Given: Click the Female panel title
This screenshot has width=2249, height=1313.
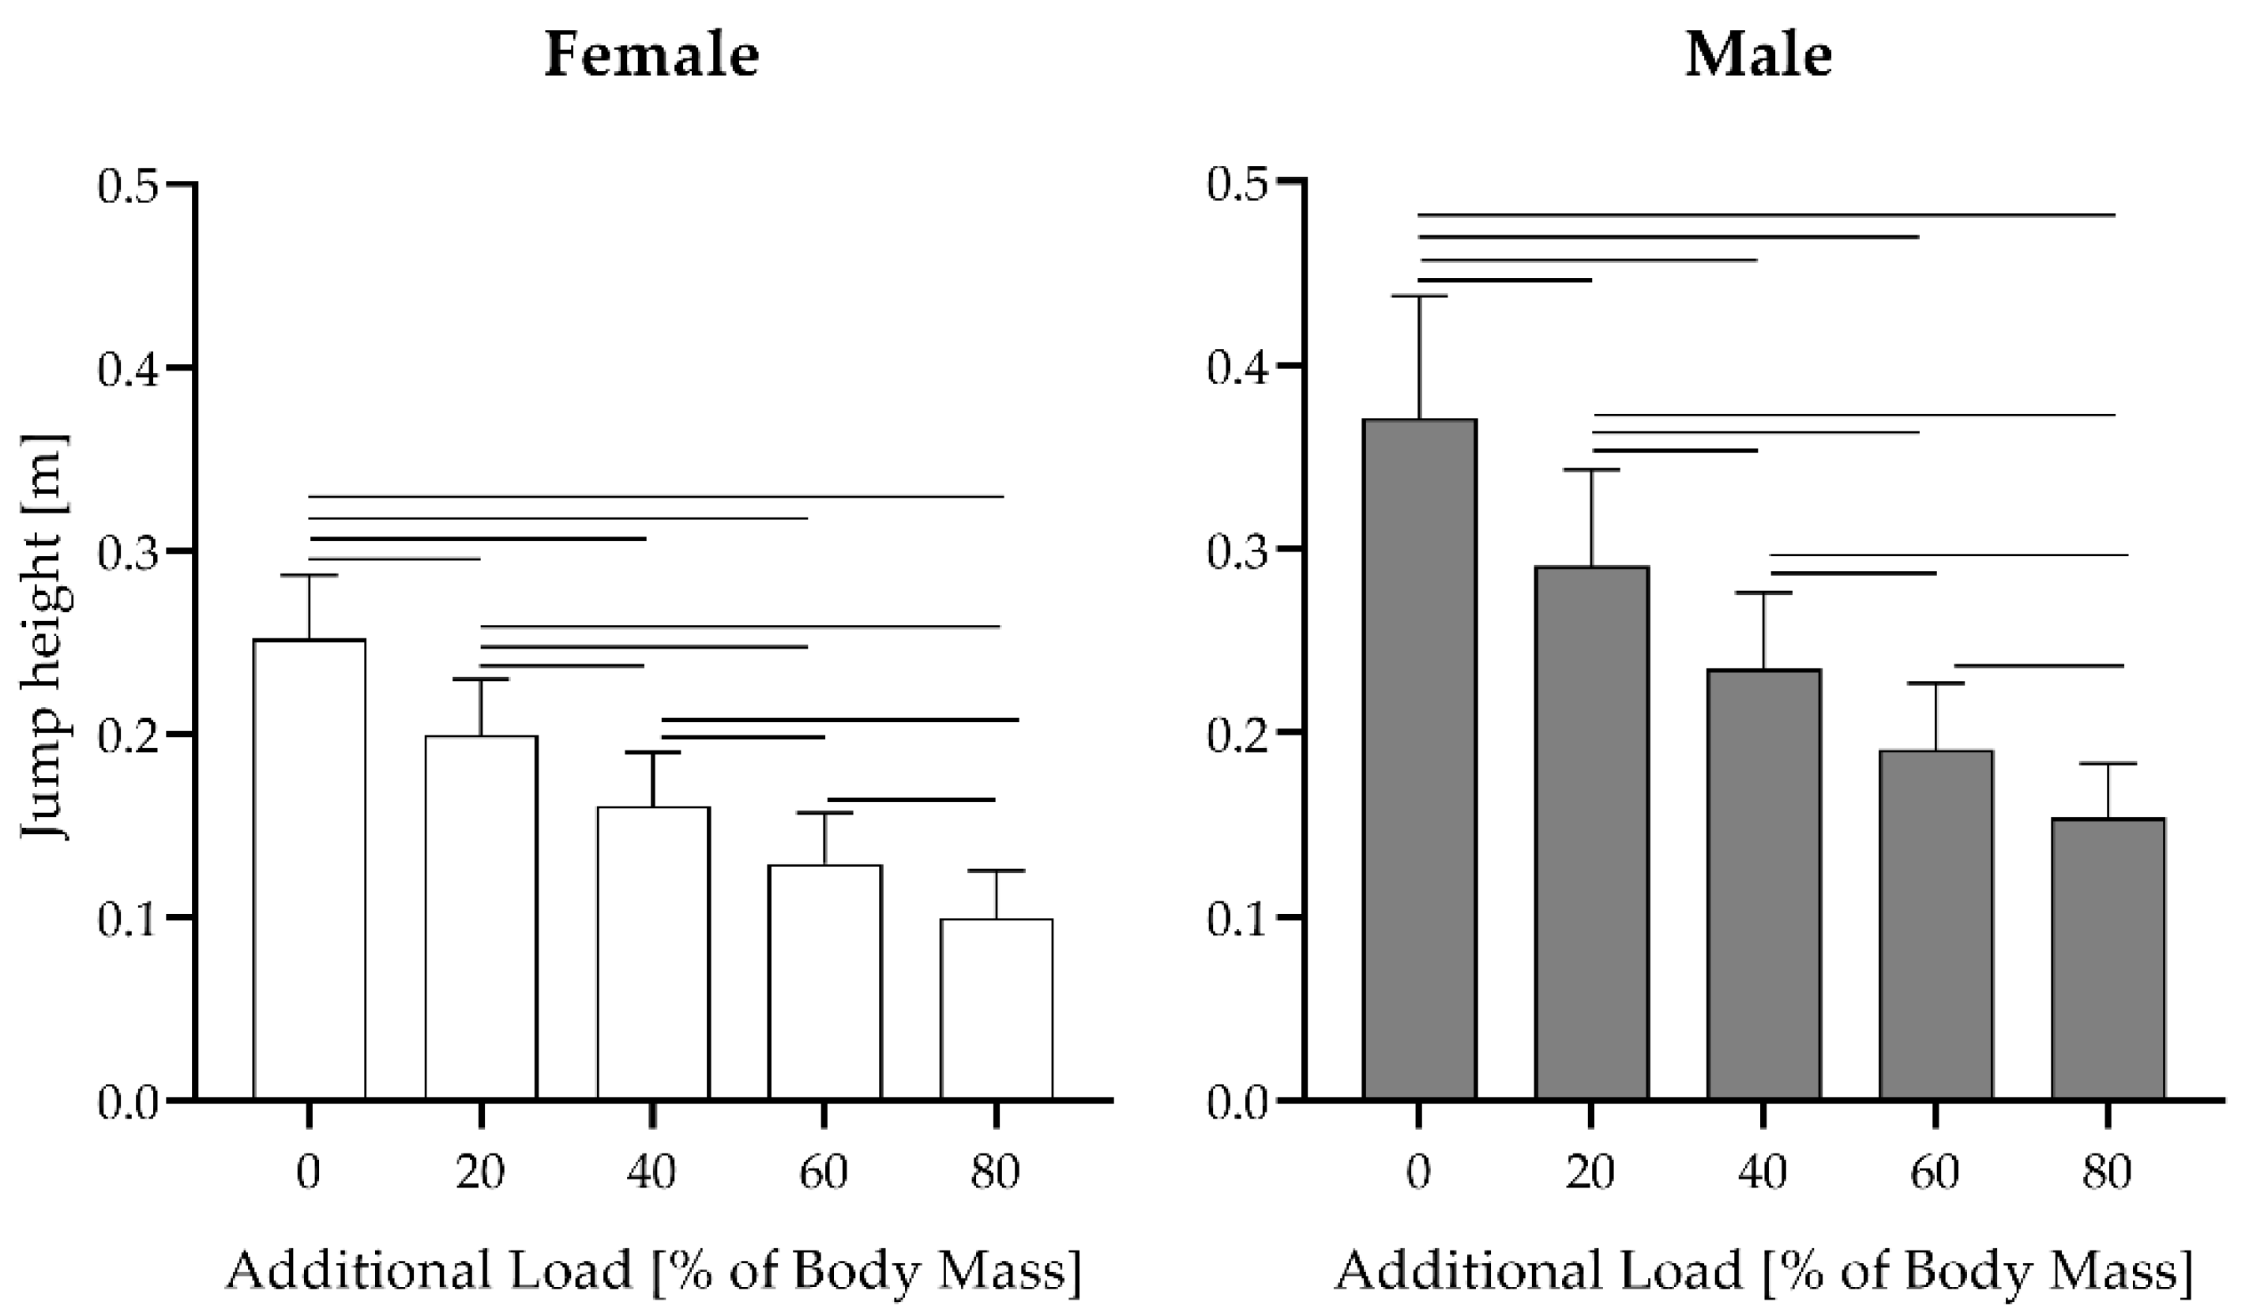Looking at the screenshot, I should [651, 55].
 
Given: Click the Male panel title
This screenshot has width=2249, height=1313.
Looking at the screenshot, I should [1758, 55].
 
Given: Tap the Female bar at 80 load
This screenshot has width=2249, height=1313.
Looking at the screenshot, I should [996, 1009].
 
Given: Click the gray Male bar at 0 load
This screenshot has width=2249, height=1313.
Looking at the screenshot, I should [1419, 758].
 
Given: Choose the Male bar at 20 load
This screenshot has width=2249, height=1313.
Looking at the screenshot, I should [1591, 832].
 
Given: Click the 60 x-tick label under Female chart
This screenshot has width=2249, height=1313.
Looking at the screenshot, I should [823, 1172].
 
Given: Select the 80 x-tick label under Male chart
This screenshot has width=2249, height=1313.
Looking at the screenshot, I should [2106, 1172].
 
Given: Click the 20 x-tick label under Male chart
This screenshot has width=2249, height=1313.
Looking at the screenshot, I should [1590, 1172].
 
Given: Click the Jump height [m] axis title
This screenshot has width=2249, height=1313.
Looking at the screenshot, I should [45, 638].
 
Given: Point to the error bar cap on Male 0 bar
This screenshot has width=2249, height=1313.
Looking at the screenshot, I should [1419, 295].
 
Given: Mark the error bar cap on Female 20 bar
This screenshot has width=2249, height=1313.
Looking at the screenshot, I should [480, 679].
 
